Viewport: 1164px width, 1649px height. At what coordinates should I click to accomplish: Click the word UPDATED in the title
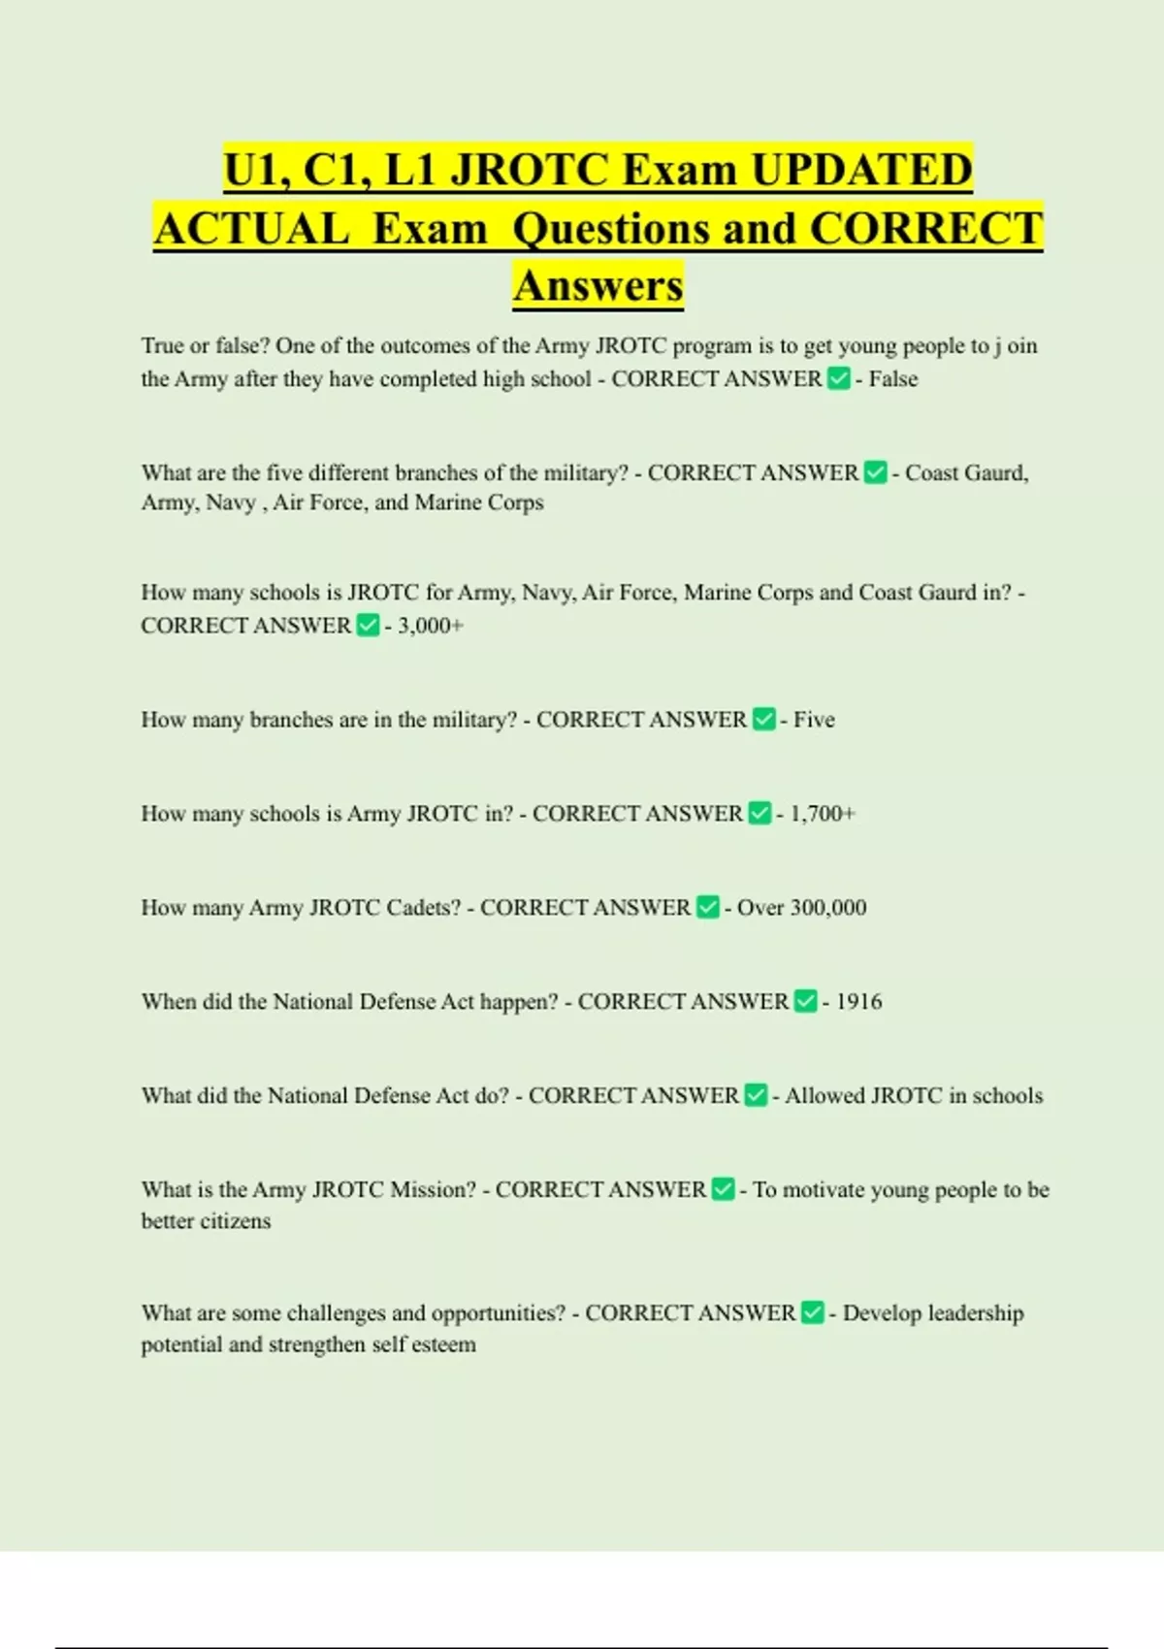click(x=861, y=170)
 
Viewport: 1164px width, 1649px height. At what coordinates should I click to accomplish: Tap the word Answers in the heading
click(x=598, y=285)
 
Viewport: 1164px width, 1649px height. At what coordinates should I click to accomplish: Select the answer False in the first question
click(x=892, y=379)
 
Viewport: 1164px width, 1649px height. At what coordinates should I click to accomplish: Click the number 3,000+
click(x=430, y=626)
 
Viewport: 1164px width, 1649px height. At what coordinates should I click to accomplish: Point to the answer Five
click(x=814, y=720)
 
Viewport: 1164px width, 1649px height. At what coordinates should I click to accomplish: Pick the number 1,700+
click(x=823, y=814)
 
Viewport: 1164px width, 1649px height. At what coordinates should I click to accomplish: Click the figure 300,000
click(x=827, y=908)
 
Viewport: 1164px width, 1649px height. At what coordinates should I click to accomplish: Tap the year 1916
click(x=858, y=1002)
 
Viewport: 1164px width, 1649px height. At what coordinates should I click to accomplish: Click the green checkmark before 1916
click(x=805, y=1001)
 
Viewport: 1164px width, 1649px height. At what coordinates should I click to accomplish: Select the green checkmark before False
click(x=838, y=378)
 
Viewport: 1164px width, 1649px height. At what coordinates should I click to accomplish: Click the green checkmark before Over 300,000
click(x=708, y=907)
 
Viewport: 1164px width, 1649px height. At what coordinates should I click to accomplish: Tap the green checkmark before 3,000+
click(x=368, y=625)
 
